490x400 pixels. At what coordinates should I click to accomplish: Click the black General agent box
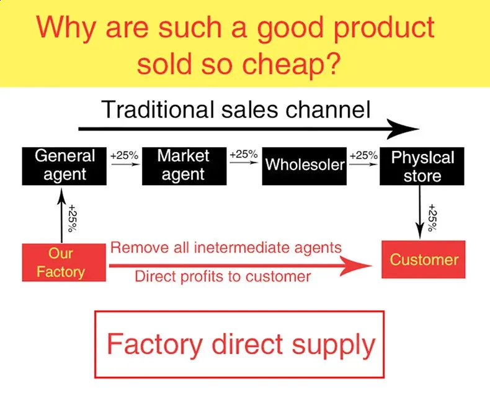click(x=65, y=166)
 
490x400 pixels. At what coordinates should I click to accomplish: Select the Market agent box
click(x=183, y=166)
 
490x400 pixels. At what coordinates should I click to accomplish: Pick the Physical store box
click(x=422, y=166)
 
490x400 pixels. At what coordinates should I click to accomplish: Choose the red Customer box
click(x=423, y=260)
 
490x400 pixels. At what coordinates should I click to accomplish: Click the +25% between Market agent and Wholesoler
click(x=243, y=154)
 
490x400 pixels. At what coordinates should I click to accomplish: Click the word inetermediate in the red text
click(x=238, y=248)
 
